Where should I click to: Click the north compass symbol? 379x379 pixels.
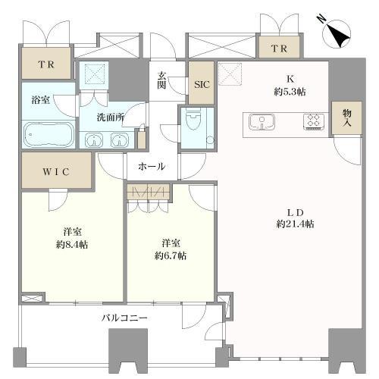[x=337, y=33]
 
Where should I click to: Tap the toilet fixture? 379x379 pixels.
[x=193, y=119]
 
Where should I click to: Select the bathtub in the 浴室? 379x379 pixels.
[x=49, y=135]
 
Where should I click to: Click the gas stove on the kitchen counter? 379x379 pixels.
[x=314, y=122]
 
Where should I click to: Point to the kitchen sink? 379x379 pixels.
[x=262, y=122]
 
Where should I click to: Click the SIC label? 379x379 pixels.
[x=202, y=84]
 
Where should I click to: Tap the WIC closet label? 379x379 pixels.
[x=56, y=172]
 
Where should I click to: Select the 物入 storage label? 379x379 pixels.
[x=347, y=117]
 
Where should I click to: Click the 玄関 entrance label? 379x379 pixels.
[x=161, y=80]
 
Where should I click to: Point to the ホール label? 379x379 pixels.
[x=152, y=167]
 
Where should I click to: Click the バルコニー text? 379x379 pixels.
[x=124, y=318]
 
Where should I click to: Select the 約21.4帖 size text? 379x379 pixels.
[x=295, y=224]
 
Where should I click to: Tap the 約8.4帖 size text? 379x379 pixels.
[x=72, y=245]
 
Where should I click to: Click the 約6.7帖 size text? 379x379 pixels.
[x=171, y=256]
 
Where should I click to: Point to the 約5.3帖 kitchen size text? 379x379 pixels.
[x=290, y=92]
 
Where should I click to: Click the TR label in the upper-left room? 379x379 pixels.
[x=46, y=64]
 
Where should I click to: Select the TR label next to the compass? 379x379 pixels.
[x=279, y=49]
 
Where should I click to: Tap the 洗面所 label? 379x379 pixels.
[x=111, y=117]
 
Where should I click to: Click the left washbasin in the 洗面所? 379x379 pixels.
[x=94, y=140]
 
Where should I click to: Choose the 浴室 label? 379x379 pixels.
[x=41, y=100]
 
